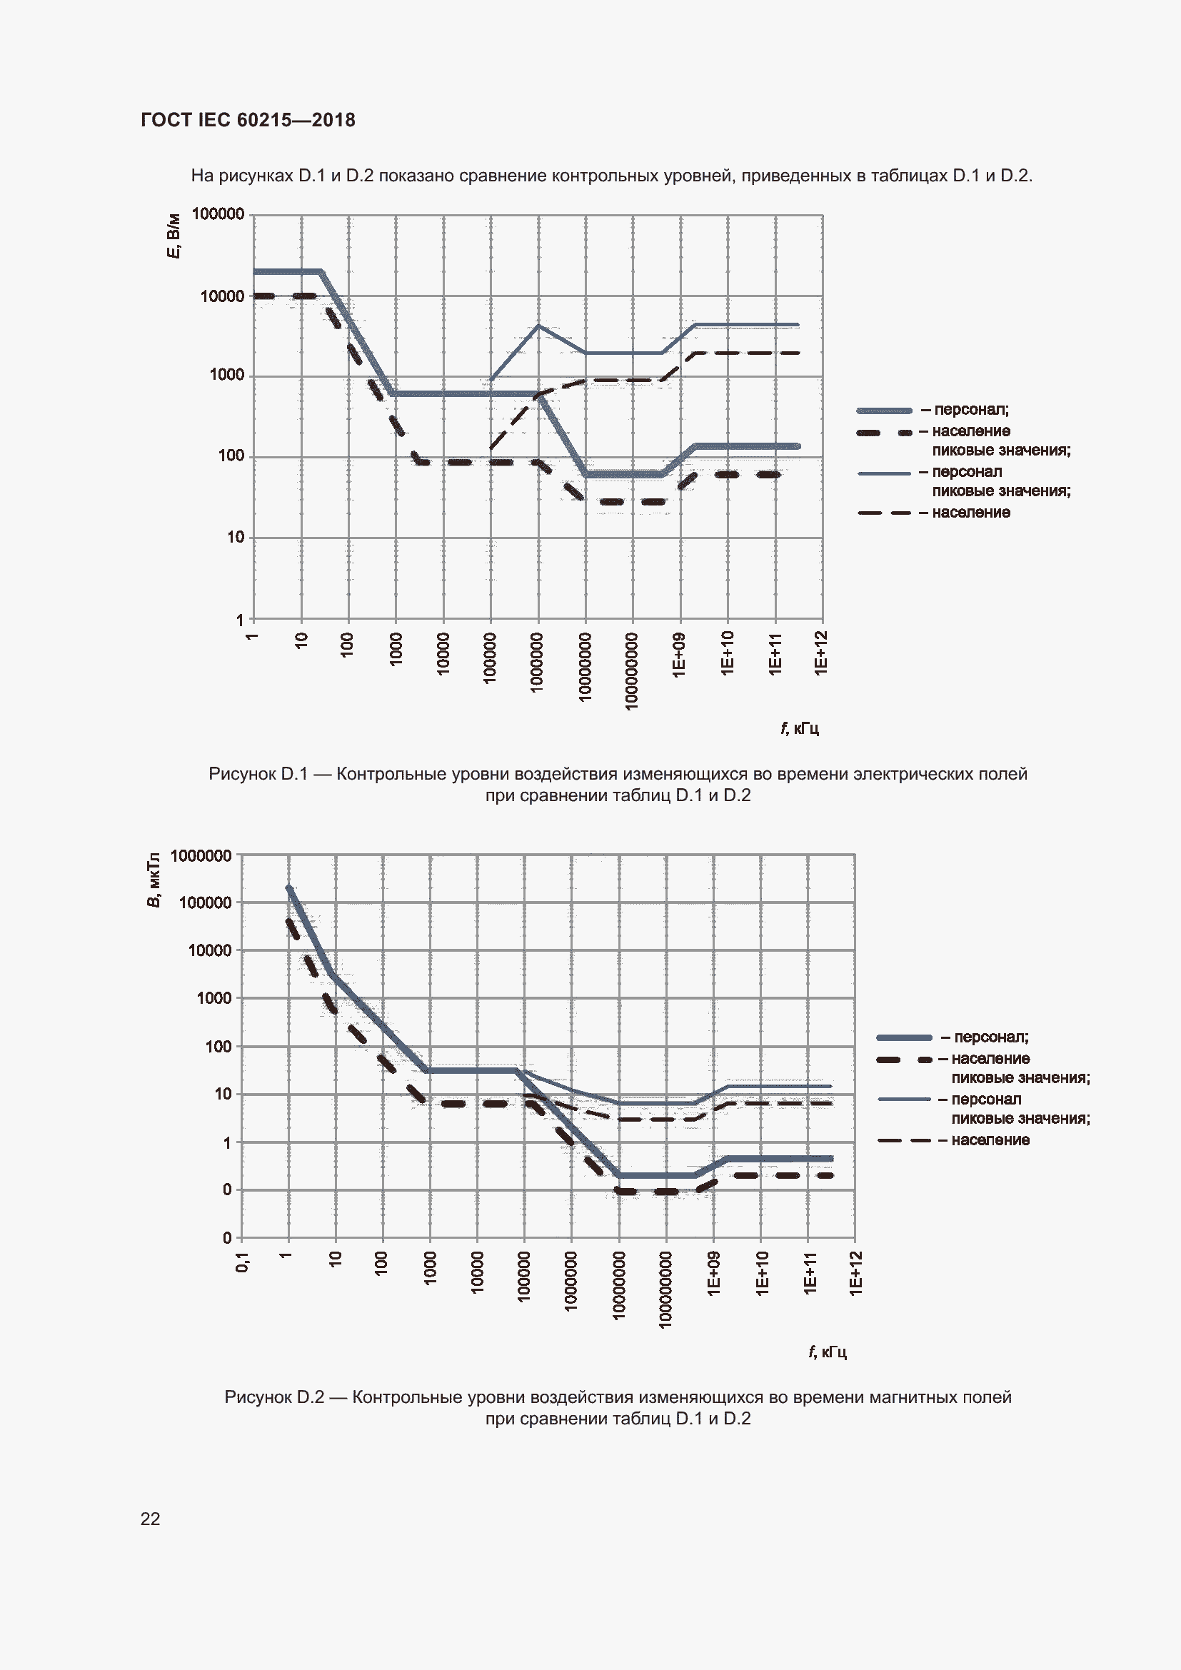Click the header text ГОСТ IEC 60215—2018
[x=247, y=120]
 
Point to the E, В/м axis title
[x=174, y=236]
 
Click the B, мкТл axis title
[x=154, y=880]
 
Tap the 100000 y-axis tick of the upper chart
[x=218, y=214]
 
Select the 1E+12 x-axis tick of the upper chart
[x=821, y=653]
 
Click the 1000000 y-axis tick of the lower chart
[x=201, y=855]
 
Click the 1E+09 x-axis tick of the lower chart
[x=713, y=1272]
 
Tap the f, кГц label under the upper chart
[x=799, y=728]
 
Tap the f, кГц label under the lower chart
[x=827, y=1352]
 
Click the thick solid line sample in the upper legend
[x=883, y=411]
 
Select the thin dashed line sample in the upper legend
[x=883, y=513]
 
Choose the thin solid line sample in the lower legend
[x=904, y=1099]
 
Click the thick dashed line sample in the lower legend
[x=904, y=1059]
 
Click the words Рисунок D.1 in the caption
[x=258, y=774]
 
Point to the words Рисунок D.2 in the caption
[x=274, y=1397]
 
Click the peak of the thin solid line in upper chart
[x=538, y=325]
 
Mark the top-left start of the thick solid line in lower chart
[x=288, y=888]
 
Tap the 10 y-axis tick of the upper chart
[x=236, y=538]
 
